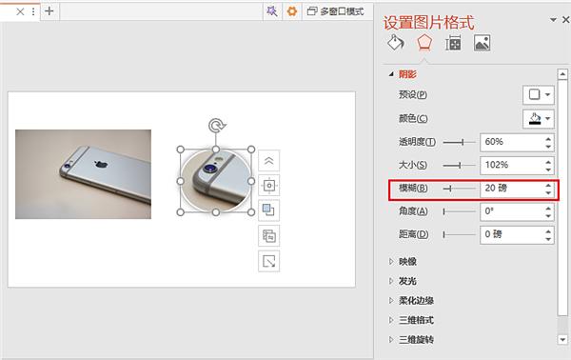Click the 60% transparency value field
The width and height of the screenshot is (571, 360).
pyautogui.click(x=509, y=142)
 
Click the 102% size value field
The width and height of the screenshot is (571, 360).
pyautogui.click(x=509, y=165)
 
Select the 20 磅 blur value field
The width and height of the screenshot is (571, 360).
pyautogui.click(x=509, y=188)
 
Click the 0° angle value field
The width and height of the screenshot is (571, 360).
pyautogui.click(x=509, y=210)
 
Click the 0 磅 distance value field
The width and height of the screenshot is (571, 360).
pyautogui.click(x=509, y=233)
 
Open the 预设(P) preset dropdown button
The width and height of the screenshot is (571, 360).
pyautogui.click(x=539, y=94)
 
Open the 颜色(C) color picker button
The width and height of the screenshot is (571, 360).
pyautogui.click(x=539, y=119)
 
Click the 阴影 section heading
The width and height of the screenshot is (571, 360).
pyautogui.click(x=407, y=73)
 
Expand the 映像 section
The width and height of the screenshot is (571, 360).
pyautogui.click(x=407, y=261)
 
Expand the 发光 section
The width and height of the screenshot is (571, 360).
pyautogui.click(x=407, y=281)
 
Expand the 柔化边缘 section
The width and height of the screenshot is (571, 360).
pyautogui.click(x=415, y=301)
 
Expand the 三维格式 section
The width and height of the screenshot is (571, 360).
pyautogui.click(x=415, y=320)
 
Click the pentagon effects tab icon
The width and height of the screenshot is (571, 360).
pyautogui.click(x=424, y=43)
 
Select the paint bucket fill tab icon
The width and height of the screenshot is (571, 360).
pyautogui.click(x=395, y=43)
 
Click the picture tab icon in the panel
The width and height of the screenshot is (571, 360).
pyautogui.click(x=482, y=43)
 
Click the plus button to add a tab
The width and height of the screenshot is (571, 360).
pyautogui.click(x=49, y=11)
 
